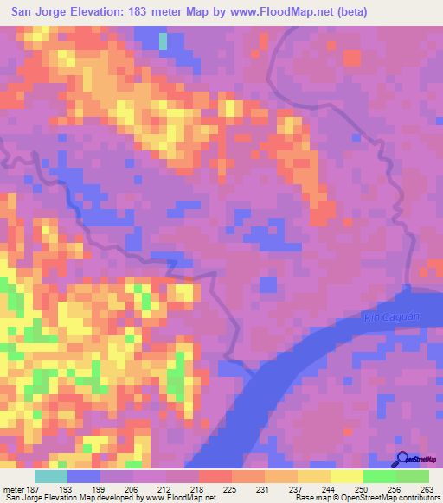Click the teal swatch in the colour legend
click(x=51, y=476)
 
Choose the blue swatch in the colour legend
click(x=84, y=476)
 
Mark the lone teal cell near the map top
click(x=164, y=41)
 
